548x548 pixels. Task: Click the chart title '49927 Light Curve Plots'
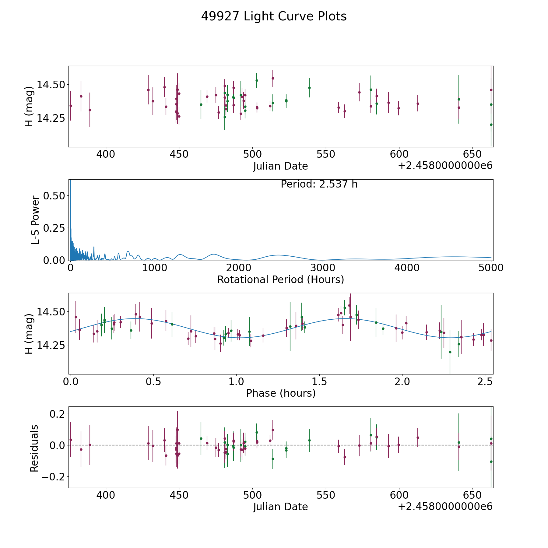274,16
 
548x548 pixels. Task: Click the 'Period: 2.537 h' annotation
319,184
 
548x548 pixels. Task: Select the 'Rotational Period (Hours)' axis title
280,279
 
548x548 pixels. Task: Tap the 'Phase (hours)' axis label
281,393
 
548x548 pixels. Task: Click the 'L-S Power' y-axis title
35,220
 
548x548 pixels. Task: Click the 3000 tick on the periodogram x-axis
323,268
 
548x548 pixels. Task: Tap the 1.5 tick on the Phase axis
319,381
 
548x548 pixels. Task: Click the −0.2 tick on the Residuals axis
52,476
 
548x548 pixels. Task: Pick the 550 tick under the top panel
326,154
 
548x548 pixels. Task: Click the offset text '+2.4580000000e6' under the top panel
445,166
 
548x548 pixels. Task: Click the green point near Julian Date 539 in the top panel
309,88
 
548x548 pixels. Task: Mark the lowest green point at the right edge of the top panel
491,125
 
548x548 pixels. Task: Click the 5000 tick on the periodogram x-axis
491,268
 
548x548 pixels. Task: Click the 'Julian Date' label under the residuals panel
280,507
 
